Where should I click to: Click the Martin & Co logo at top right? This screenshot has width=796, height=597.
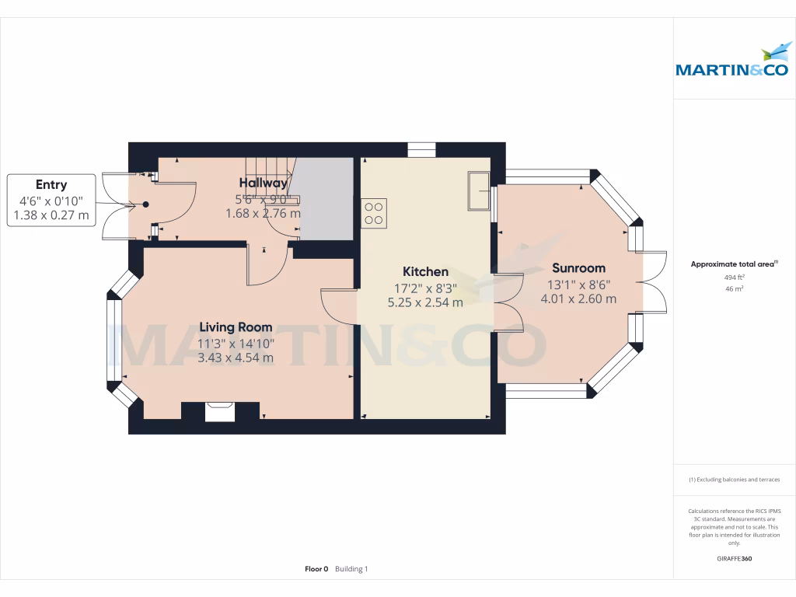[x=734, y=63]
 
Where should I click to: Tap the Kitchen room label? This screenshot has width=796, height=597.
[x=425, y=271]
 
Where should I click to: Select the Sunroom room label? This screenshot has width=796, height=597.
[x=576, y=268]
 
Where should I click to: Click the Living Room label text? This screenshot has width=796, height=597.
[x=236, y=327]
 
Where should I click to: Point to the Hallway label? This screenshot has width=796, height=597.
[x=263, y=183]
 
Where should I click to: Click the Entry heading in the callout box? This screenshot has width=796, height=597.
[x=51, y=185]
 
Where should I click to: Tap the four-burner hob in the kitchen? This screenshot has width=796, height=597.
[x=374, y=213]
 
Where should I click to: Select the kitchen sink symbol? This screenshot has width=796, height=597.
[x=478, y=192]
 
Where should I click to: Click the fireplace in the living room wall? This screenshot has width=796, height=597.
[x=220, y=411]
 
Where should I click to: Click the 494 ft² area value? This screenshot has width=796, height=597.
[x=734, y=277]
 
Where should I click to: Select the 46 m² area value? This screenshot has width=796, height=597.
[x=734, y=288]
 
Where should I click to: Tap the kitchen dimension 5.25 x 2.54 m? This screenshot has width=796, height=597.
[x=425, y=302]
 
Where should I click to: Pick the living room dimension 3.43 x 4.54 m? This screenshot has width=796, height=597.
[x=236, y=358]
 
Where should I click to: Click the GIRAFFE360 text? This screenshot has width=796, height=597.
[x=734, y=558]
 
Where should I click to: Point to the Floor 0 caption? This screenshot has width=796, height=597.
[x=316, y=569]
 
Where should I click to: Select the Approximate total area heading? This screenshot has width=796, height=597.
[x=732, y=264]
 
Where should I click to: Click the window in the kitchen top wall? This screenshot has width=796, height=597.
[x=421, y=150]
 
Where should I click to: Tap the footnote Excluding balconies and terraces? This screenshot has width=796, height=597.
[x=734, y=480]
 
